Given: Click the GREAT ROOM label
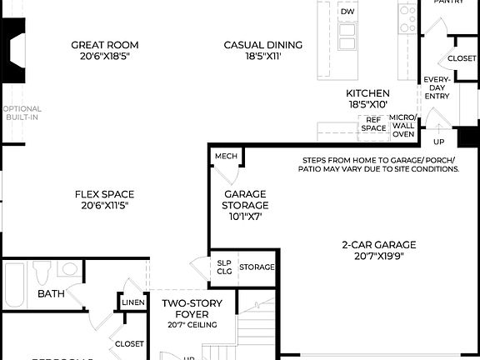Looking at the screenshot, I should click(x=104, y=45).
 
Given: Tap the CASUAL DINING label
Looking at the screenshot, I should click(x=262, y=45).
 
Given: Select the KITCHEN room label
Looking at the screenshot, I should click(x=367, y=93).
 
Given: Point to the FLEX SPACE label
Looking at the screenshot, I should click(x=104, y=194).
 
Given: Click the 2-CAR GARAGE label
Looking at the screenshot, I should click(x=378, y=244).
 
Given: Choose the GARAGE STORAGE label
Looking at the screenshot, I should click(x=245, y=199).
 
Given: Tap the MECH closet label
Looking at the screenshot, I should click(x=225, y=157).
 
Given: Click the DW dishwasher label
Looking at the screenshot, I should click(x=347, y=12).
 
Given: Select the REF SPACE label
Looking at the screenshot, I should click(x=373, y=124).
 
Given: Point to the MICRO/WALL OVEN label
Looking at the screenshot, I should click(x=403, y=126).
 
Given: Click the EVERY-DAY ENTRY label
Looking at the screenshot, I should click(x=437, y=87).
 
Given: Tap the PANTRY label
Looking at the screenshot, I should click(x=450, y=2).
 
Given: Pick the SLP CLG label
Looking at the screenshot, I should click(x=224, y=266).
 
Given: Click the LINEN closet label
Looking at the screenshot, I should click(x=133, y=302).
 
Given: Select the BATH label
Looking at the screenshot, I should click(x=50, y=294).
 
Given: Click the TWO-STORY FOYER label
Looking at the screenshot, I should click(x=191, y=308).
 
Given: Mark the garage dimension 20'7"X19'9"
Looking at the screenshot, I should click(x=378, y=257).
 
